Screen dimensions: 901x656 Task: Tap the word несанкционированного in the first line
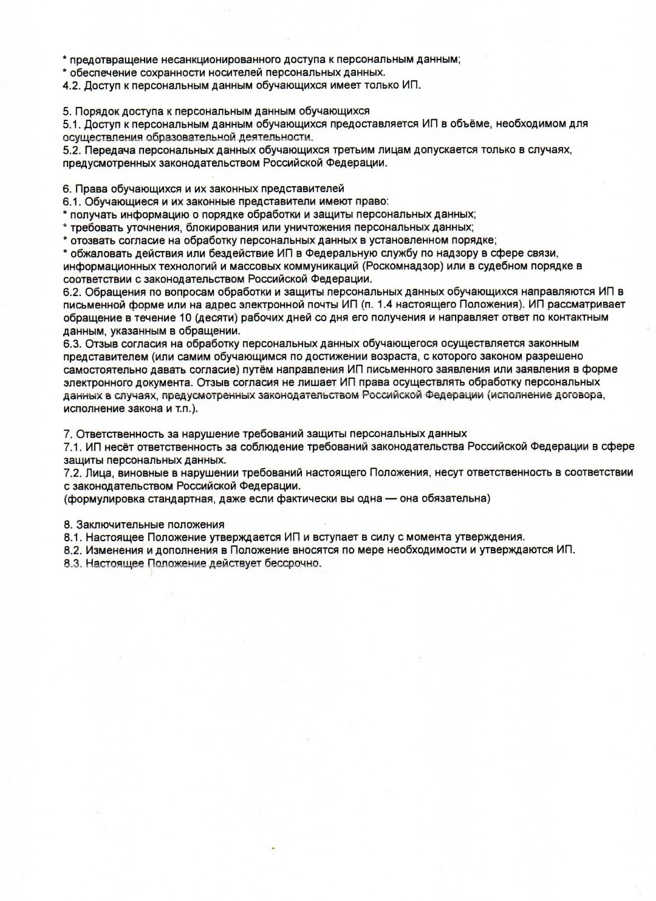pyautogui.click(x=214, y=60)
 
